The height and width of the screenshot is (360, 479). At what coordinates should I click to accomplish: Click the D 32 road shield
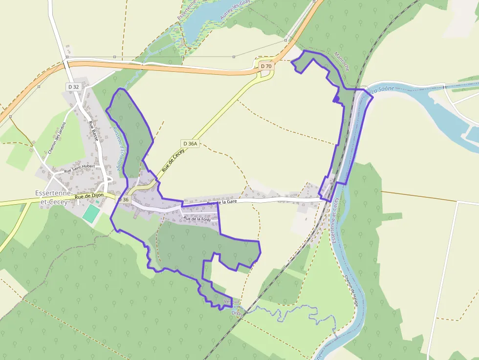click(x=73, y=86)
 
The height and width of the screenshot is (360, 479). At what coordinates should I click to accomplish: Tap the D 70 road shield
click(x=266, y=66)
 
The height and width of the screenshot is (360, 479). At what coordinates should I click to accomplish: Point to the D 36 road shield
click(x=123, y=199)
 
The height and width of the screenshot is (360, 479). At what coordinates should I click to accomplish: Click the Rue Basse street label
click(x=93, y=130)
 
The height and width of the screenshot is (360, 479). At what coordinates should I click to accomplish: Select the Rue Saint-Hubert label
click(x=80, y=169)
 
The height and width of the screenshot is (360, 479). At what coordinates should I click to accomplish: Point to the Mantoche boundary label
click(x=342, y=62)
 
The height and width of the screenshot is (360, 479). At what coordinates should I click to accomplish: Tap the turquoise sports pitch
click(x=91, y=214)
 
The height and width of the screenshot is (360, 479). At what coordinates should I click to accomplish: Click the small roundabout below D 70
click(x=266, y=75)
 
